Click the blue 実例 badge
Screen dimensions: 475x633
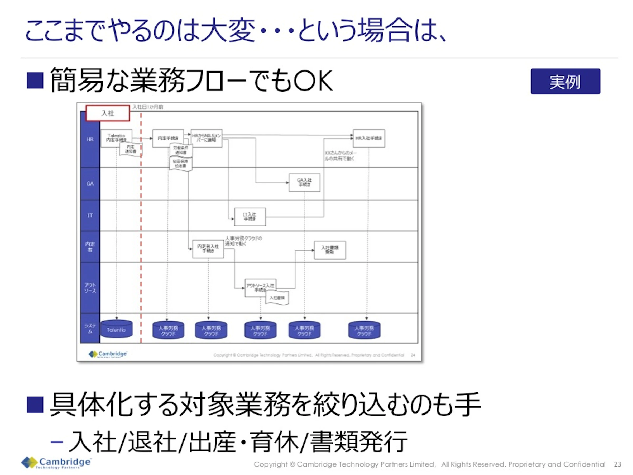click(565, 81)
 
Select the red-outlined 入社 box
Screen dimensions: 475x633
click(108, 113)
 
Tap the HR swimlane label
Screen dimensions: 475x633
click(90, 139)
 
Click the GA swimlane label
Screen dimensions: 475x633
click(90, 183)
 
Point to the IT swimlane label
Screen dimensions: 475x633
click(90, 216)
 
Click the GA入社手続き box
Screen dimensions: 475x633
click(304, 182)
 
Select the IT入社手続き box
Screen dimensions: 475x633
click(250, 217)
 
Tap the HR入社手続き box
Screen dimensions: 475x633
click(368, 138)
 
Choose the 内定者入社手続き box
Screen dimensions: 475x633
click(208, 249)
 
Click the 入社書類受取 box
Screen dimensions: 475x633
click(330, 250)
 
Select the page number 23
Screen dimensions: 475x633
click(617, 464)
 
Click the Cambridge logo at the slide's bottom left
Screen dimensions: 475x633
click(56, 462)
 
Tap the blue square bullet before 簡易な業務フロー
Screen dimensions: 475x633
click(35, 81)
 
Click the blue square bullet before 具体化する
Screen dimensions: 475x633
click(35, 405)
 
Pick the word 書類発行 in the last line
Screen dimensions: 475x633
click(359, 442)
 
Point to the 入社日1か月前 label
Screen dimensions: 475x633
click(148, 107)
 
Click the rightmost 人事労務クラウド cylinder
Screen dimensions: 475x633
click(364, 330)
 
